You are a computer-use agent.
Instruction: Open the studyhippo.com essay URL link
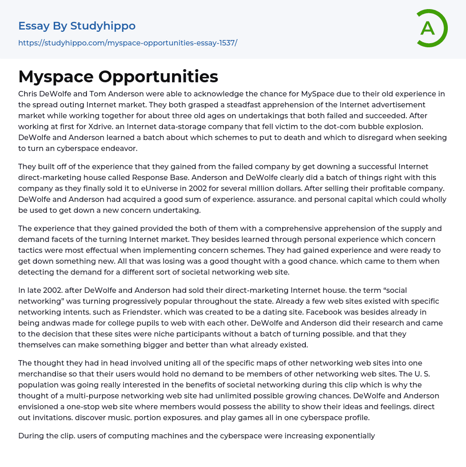(x=127, y=43)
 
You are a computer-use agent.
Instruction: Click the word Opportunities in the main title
(x=158, y=76)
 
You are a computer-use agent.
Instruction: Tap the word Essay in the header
(x=34, y=26)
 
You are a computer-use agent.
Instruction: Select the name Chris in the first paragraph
(x=28, y=94)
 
